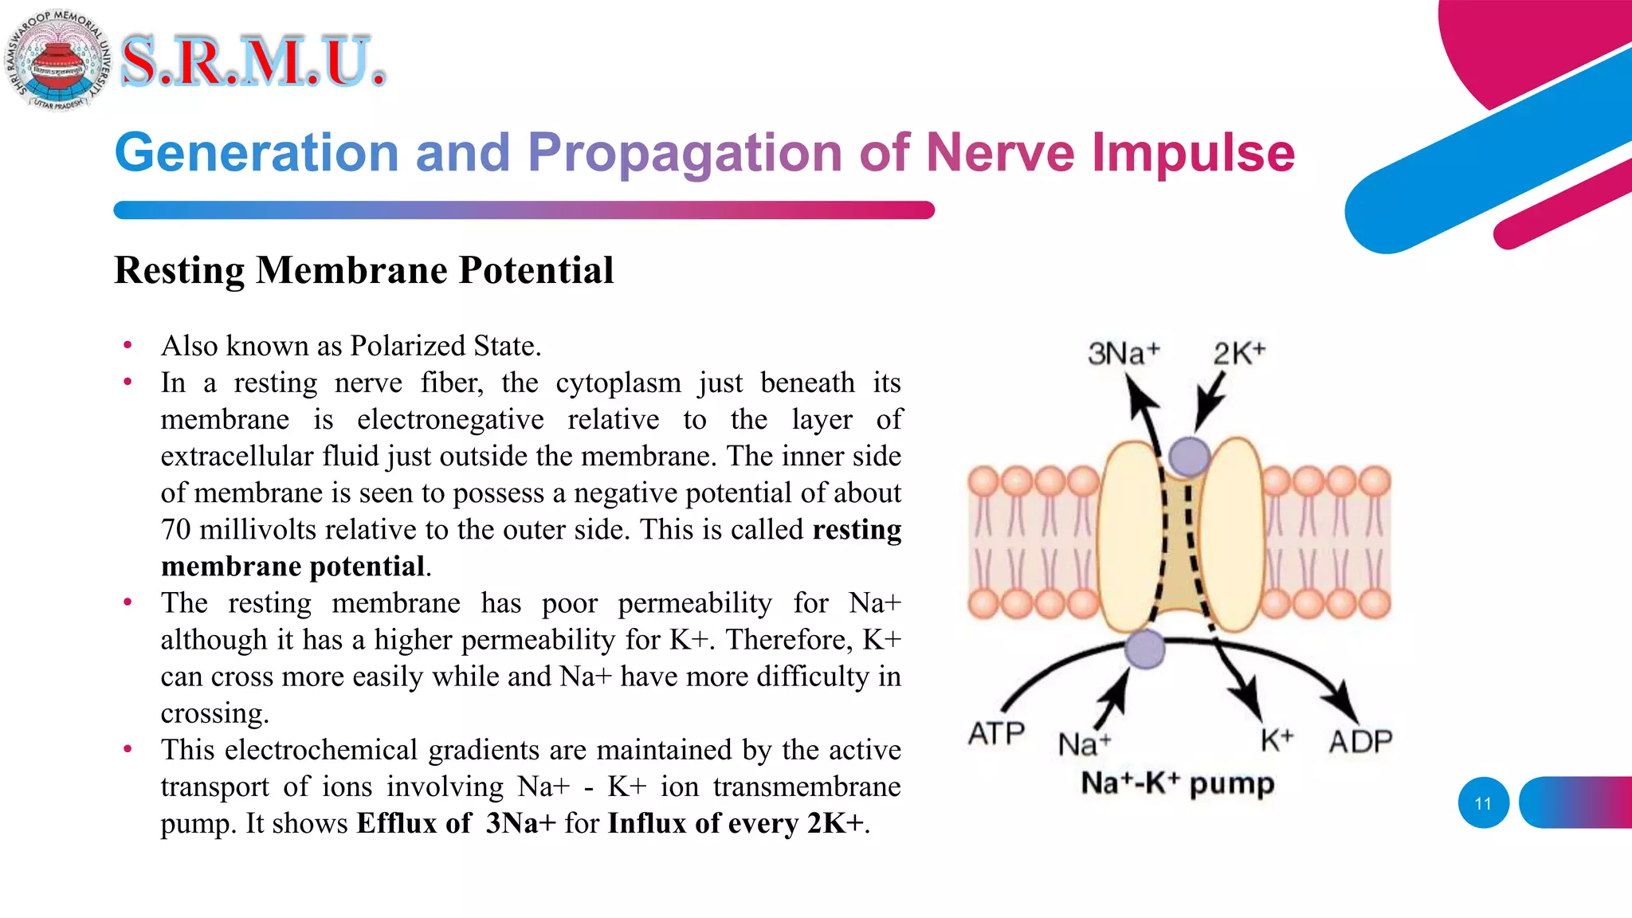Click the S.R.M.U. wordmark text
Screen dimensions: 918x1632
(253, 61)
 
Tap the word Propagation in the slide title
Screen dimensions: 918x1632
(685, 152)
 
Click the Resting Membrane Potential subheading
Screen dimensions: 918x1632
(364, 270)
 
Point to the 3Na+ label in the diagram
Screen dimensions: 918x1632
(1124, 353)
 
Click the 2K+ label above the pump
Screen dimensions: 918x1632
(1239, 352)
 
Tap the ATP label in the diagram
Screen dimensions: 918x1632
(996, 733)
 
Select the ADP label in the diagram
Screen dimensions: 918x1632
(1360, 742)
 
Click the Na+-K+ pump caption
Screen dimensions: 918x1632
(1177, 783)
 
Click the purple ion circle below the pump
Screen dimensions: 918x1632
(1145, 649)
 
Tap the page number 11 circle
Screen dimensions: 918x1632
(1483, 803)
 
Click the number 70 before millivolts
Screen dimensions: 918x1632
(175, 530)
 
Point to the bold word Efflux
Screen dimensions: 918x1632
(397, 823)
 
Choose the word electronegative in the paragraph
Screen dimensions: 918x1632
(450, 420)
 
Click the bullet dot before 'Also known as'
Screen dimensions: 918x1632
(127, 346)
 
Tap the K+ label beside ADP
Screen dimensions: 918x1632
(1277, 740)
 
